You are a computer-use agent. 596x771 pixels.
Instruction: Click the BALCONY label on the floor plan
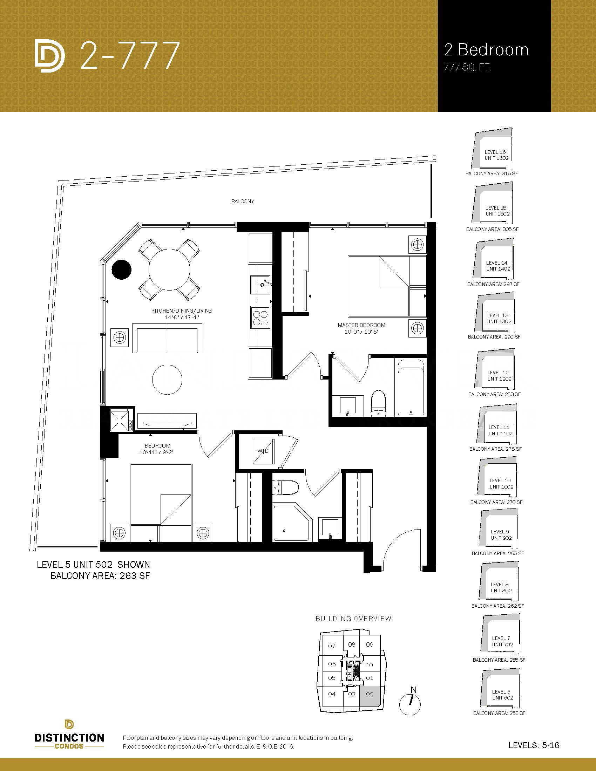(x=243, y=201)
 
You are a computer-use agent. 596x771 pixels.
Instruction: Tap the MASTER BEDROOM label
(x=361, y=325)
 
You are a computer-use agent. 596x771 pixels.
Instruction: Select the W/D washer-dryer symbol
(x=263, y=451)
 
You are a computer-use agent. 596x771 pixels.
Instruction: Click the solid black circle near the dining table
(x=121, y=270)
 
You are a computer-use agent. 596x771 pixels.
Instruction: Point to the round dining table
(x=169, y=270)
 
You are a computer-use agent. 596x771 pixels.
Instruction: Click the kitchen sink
(x=260, y=284)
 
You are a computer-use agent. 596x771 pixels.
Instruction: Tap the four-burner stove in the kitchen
(x=260, y=318)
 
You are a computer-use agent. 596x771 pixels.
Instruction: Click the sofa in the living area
(x=167, y=338)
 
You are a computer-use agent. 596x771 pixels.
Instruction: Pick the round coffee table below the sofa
(x=167, y=380)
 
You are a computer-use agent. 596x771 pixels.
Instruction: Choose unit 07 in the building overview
(x=332, y=646)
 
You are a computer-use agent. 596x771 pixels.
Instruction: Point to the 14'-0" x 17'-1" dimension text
(x=182, y=318)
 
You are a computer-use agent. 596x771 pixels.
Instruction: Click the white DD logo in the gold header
(x=50, y=56)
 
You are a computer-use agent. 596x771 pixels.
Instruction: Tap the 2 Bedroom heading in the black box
(x=487, y=50)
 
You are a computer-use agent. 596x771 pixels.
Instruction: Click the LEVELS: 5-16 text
(x=534, y=745)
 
